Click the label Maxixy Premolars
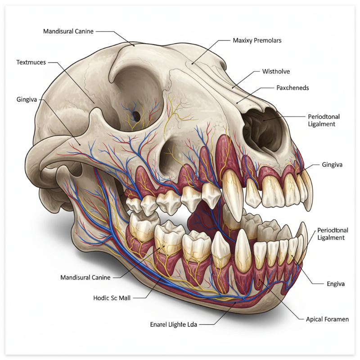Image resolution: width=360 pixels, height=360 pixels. [x=257, y=40]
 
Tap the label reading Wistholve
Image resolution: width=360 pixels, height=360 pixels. [x=276, y=71]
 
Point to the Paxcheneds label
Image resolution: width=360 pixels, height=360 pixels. [x=292, y=88]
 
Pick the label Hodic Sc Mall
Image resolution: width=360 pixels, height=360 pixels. [x=112, y=298]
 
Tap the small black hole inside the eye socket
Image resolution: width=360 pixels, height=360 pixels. [x=135, y=116]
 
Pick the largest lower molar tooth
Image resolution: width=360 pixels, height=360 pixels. [x=170, y=238]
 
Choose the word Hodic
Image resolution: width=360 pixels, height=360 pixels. [x=101, y=298]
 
